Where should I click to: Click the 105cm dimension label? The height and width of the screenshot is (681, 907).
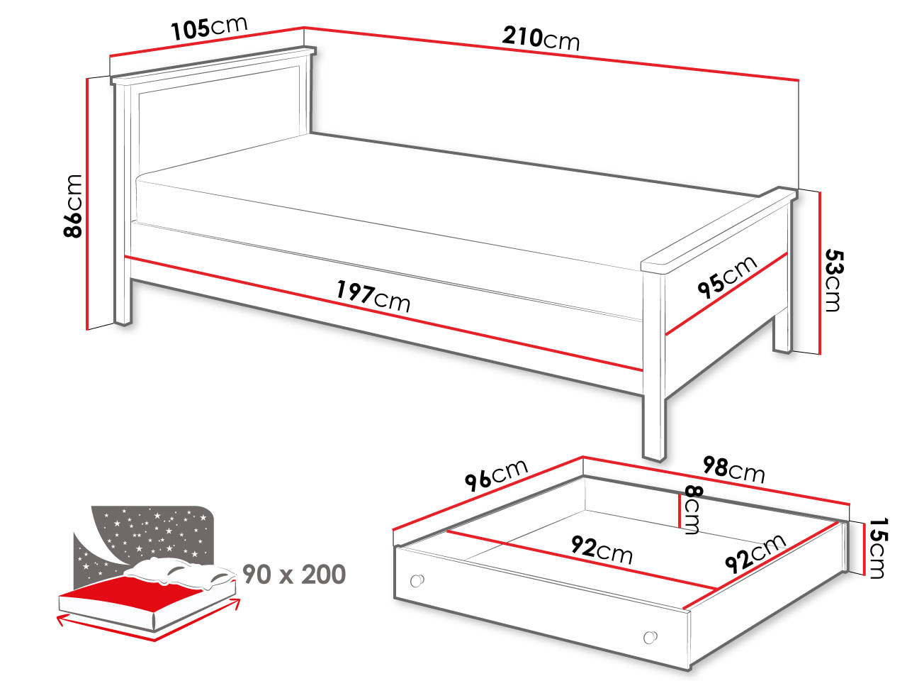tap(209, 28)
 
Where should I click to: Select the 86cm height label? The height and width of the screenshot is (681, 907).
tap(73, 206)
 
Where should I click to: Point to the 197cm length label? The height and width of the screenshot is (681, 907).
tap(373, 296)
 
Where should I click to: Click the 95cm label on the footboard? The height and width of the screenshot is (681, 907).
tap(727, 277)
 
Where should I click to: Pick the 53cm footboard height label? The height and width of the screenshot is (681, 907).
tap(834, 280)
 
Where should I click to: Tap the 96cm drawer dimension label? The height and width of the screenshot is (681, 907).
tap(496, 475)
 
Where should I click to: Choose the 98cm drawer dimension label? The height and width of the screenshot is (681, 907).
tap(733, 470)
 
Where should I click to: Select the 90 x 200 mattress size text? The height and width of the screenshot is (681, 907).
tap(294, 575)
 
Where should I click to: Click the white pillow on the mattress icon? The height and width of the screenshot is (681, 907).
tap(180, 572)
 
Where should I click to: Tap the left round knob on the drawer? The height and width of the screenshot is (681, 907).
tap(417, 580)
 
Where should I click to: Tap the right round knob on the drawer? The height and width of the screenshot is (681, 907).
tap(650, 637)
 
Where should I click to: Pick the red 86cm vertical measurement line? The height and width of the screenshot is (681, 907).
tap(87, 204)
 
